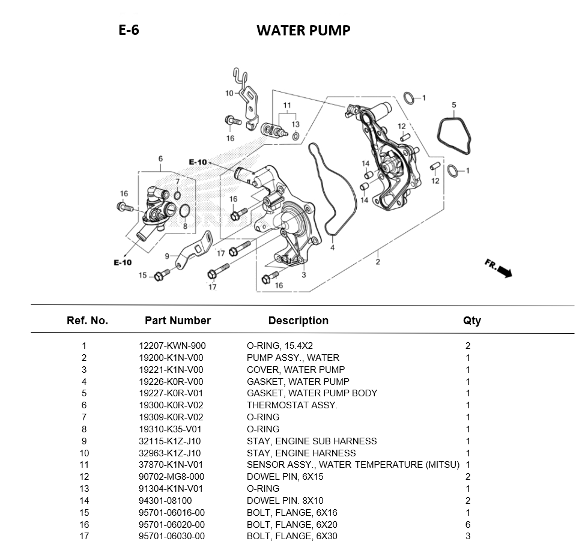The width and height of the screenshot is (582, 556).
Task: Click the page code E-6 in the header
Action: [x=129, y=30]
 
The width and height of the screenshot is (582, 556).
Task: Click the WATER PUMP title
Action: [x=303, y=31]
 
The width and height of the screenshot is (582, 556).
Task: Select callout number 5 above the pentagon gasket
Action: [x=453, y=105]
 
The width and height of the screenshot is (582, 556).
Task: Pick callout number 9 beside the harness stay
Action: [x=167, y=256]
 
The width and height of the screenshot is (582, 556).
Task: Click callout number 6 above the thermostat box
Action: [x=160, y=159]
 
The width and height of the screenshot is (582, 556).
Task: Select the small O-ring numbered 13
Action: [x=296, y=136]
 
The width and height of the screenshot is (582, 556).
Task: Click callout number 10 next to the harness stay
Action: [x=229, y=93]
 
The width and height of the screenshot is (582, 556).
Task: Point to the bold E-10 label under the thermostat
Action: [x=123, y=262]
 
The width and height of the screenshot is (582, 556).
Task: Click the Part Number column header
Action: [x=178, y=320]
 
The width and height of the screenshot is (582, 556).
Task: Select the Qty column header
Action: [x=471, y=321]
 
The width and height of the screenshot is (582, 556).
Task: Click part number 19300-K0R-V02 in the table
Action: [x=171, y=405]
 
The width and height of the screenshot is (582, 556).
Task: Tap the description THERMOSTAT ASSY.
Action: [x=292, y=405]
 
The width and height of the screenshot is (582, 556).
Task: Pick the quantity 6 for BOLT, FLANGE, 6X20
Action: [x=468, y=524]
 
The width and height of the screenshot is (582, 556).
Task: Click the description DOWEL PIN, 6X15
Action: [x=285, y=477]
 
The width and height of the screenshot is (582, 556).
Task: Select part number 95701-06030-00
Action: [x=172, y=536]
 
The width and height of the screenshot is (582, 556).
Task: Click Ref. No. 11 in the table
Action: [x=84, y=465]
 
